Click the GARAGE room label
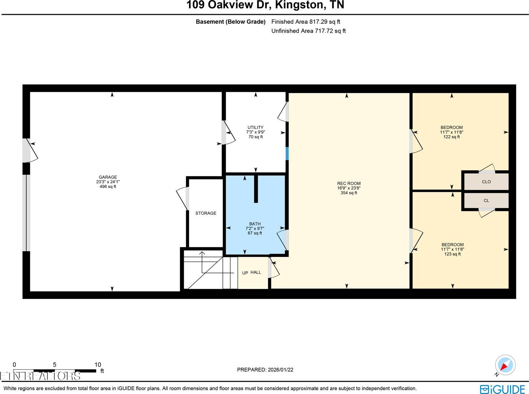click(x=108, y=177)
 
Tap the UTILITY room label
click(x=256, y=127)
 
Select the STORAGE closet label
click(x=206, y=213)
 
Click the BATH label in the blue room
click(x=255, y=224)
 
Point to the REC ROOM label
click(x=349, y=183)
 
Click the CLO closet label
click(x=486, y=182)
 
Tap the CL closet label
click(x=486, y=200)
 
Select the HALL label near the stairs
click(x=256, y=272)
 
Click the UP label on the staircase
click(x=245, y=273)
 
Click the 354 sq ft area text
click(x=349, y=193)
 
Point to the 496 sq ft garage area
click(x=108, y=187)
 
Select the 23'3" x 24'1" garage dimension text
click(x=108, y=182)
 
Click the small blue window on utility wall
click(x=287, y=153)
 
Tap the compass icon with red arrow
click(x=505, y=365)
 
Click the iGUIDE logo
click(x=502, y=389)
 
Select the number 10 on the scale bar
click(x=98, y=365)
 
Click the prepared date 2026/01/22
click(x=280, y=370)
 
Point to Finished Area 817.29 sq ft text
click(x=305, y=22)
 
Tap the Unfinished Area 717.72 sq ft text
click(x=308, y=31)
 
